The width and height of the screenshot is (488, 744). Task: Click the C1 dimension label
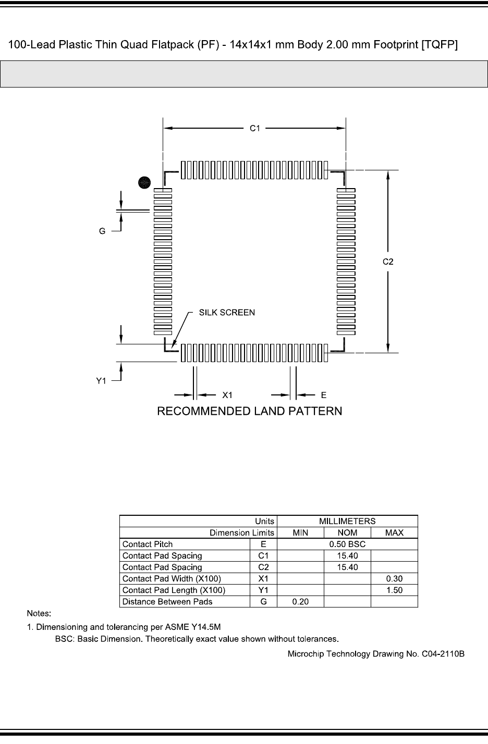(x=254, y=128)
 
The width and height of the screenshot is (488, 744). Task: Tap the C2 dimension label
(x=388, y=262)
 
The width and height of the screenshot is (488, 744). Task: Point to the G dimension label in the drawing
(x=103, y=231)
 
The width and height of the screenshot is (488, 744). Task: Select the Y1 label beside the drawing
(x=102, y=381)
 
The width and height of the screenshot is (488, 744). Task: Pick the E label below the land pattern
(x=324, y=395)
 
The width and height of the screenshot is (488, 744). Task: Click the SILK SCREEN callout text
(x=227, y=313)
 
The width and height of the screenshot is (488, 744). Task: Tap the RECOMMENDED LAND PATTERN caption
(x=250, y=412)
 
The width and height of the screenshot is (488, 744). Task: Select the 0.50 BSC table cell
(x=347, y=544)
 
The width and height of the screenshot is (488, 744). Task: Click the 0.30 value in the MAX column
(x=394, y=579)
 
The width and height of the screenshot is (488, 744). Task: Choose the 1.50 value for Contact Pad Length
(x=394, y=590)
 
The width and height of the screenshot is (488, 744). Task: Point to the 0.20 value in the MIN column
(x=300, y=602)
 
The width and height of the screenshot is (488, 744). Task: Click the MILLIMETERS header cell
(x=347, y=521)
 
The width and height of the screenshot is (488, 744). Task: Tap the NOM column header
(x=347, y=533)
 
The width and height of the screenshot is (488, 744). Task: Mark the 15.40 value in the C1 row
(x=347, y=556)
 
